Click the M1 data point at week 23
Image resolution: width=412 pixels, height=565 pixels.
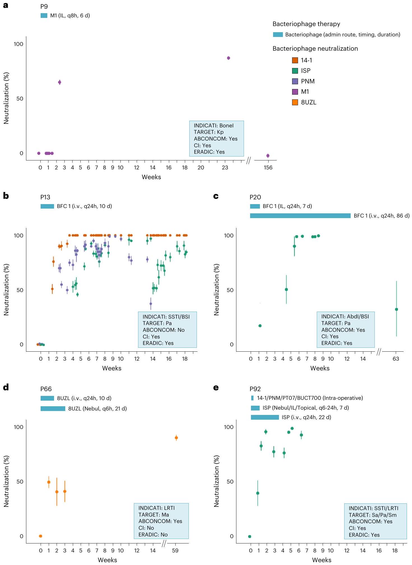[x=228, y=58]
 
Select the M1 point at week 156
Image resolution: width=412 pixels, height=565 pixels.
[x=268, y=156]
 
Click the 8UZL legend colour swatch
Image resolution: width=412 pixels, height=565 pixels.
[x=295, y=102]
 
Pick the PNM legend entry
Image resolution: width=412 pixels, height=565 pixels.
[x=308, y=81]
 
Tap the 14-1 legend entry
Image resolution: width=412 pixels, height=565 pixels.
[x=306, y=60]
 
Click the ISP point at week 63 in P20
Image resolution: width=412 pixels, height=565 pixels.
[x=396, y=309]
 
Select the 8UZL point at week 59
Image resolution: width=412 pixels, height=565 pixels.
[x=176, y=438]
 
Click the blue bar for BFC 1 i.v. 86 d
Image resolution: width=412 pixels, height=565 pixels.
[x=300, y=216]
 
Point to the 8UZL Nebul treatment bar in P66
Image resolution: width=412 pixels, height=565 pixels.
[x=53, y=408]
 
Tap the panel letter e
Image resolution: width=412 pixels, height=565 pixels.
[x=216, y=388]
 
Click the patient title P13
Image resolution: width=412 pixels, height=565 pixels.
[x=45, y=197]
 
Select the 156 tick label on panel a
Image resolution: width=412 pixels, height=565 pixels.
[x=268, y=167]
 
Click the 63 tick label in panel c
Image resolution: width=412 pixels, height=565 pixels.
[x=396, y=359]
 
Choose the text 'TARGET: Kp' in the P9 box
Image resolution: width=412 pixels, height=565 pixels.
[x=208, y=132]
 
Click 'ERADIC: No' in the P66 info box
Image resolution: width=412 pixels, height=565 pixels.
[x=153, y=534]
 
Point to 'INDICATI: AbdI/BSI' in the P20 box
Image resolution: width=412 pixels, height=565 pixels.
[x=345, y=316]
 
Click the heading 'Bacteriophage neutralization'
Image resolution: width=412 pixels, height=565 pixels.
[x=315, y=48]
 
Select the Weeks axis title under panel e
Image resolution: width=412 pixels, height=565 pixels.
[x=322, y=560]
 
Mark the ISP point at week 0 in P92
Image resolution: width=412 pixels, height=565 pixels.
[x=250, y=536]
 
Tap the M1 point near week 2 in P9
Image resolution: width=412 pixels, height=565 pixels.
[x=59, y=82]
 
